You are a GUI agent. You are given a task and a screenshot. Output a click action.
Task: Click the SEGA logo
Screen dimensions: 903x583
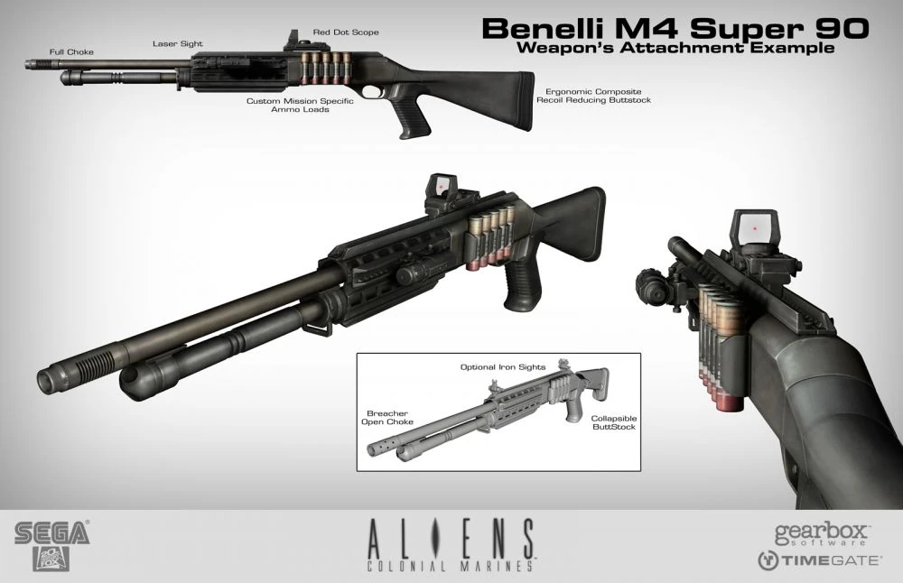(52, 532)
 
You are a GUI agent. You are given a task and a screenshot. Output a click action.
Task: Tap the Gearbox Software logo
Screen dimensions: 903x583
(821, 534)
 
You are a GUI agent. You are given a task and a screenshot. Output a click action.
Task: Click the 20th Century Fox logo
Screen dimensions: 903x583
(51, 559)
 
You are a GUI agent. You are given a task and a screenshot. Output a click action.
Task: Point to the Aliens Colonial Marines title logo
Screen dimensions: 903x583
(451, 545)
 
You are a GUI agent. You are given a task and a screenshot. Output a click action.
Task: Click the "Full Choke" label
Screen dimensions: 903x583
(71, 51)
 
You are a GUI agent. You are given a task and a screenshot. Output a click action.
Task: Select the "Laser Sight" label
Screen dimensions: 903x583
(177, 43)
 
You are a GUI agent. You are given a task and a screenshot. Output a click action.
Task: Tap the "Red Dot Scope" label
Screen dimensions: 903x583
(346, 32)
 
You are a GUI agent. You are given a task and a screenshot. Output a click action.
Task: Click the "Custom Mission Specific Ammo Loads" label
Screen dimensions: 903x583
(300, 105)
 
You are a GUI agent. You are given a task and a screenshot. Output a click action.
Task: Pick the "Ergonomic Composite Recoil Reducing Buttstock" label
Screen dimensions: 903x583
(594, 96)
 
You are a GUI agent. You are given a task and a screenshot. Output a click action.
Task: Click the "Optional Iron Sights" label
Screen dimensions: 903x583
(503, 366)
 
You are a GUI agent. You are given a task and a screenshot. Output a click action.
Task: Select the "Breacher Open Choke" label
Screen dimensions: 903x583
(387, 417)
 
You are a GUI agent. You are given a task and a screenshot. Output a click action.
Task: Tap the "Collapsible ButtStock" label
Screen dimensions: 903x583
(614, 422)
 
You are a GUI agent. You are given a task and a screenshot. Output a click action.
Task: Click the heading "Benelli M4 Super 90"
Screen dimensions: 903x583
(675, 28)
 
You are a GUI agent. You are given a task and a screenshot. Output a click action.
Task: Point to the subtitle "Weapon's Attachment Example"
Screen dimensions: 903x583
(675, 48)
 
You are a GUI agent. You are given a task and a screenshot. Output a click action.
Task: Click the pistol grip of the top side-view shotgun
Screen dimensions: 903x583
(414, 118)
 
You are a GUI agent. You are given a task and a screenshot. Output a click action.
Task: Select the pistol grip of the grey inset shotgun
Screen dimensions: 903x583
(572, 411)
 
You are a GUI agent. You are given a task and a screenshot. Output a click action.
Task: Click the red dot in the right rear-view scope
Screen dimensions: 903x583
(754, 229)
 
